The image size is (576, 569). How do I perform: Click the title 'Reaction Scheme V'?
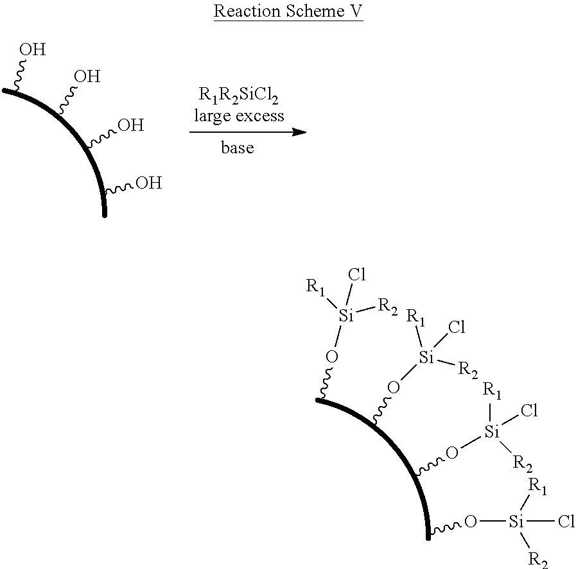coord(288,12)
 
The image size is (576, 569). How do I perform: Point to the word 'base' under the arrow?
coord(238,148)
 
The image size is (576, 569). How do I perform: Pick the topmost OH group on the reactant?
coord(32,49)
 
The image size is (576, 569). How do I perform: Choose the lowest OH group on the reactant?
coord(148,183)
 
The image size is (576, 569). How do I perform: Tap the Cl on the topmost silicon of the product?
coord(357,275)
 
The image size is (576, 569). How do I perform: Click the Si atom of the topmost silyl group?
coord(346,316)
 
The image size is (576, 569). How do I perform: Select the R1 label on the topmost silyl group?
coord(315,287)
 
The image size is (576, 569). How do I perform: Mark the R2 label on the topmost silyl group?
coord(387,306)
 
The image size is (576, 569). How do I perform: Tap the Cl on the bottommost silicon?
coord(565,522)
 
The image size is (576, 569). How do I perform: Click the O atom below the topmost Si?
coord(331,356)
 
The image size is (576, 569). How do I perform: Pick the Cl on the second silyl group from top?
coord(457,328)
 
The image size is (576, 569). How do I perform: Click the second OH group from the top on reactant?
coord(87,77)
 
